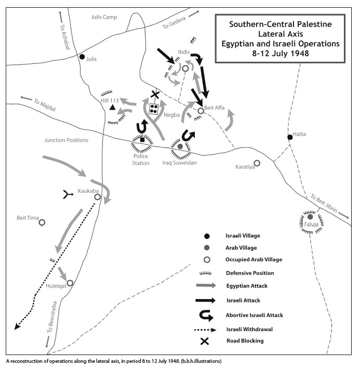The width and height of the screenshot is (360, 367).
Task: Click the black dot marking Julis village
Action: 82,57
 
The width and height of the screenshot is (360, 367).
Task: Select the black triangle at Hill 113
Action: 112,107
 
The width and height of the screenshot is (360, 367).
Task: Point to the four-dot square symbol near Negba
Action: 154,108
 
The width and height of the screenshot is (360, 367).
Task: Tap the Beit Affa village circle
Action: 201,110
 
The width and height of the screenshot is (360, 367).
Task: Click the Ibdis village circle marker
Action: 185,68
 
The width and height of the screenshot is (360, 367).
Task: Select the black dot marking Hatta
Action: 290,137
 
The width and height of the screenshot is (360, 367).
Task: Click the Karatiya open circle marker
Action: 257,163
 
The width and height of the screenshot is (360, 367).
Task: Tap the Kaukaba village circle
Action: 97,197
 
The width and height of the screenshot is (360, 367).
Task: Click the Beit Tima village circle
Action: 42,222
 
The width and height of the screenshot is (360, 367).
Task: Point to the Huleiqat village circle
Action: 70,283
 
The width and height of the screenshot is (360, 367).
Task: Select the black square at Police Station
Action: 142,140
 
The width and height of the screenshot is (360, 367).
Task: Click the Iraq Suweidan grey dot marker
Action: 180,146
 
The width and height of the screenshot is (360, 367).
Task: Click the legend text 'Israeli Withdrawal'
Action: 249,329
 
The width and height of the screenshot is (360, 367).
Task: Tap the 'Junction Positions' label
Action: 66,140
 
